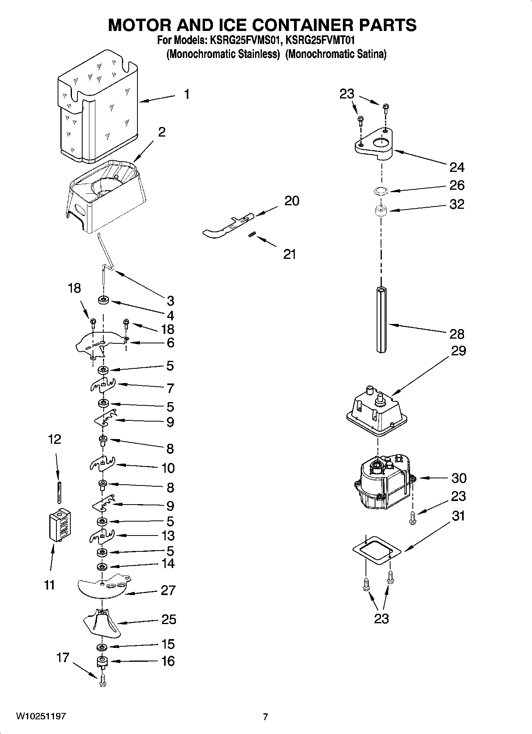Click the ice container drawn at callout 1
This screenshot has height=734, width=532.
[x=97, y=107]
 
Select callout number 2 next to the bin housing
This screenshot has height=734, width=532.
[x=162, y=132]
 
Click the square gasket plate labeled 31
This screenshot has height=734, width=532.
[x=376, y=550]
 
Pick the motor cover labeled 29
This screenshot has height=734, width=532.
[x=376, y=413]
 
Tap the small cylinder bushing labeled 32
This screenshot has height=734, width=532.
[x=381, y=210]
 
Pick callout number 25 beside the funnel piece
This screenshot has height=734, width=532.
[x=168, y=620]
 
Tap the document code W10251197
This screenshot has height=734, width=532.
[x=41, y=717]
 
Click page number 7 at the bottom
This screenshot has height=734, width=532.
[x=265, y=717]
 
